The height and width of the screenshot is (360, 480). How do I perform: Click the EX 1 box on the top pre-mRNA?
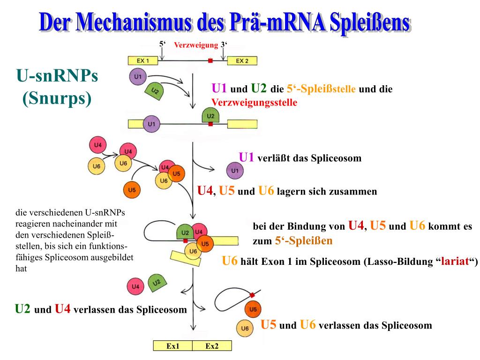143,61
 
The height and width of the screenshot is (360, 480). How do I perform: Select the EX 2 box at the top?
242,61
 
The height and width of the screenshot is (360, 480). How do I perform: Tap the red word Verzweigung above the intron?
196,45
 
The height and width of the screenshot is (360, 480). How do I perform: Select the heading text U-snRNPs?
57,76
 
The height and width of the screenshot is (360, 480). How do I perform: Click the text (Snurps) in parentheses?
57,98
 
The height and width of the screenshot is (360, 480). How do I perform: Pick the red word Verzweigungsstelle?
255,103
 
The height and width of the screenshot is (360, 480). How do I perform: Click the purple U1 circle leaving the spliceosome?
235,171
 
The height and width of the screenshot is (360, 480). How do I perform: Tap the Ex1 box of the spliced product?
173,346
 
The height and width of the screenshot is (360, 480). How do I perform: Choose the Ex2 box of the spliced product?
212,346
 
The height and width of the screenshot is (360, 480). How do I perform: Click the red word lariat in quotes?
454,262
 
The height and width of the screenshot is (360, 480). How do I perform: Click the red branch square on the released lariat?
252,295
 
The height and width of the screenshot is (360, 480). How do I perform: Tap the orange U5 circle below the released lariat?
253,309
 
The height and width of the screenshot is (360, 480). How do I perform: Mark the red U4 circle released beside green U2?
135,286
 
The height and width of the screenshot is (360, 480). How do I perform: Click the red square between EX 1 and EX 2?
210,60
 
